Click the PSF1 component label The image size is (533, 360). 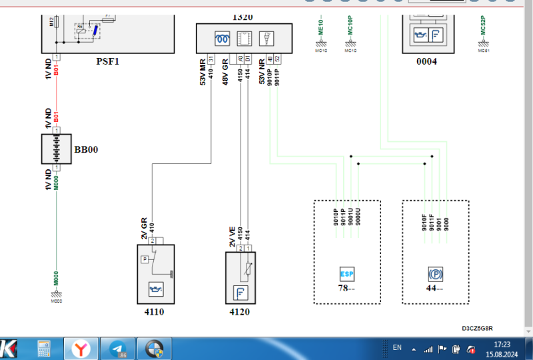107,62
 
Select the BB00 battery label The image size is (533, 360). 86,149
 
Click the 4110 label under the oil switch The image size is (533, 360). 154,311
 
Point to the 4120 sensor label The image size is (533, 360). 241,311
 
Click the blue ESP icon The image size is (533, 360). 347,274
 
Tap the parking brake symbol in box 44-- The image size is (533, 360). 436,274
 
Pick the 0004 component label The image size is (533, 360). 426,62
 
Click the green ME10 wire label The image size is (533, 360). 320,25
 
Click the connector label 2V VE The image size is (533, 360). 233,236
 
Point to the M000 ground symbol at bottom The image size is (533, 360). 56,293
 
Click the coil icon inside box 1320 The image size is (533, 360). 221,37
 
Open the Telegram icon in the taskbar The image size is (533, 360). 119,348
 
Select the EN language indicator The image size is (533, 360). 397,347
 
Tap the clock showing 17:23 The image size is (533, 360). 502,344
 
